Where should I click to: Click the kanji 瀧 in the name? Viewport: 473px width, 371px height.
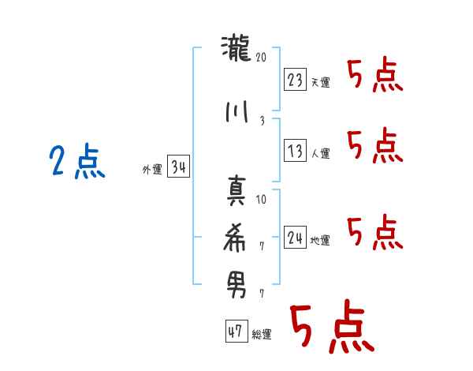point(236,48)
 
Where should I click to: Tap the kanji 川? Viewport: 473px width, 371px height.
point(236,112)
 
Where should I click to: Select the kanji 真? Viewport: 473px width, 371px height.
point(236,191)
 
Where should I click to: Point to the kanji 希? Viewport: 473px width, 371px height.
point(234,238)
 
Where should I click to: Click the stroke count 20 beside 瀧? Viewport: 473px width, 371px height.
point(261,57)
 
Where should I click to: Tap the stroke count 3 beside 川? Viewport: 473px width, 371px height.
point(263,121)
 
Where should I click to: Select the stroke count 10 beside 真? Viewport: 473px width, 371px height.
point(261,200)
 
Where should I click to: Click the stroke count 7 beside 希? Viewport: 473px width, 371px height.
point(262,246)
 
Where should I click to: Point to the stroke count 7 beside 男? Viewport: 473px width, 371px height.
point(262,294)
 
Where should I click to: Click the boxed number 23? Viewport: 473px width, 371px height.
point(295,80)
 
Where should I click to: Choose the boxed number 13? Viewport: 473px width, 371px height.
point(295,150)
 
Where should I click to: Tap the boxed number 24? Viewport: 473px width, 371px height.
point(295,237)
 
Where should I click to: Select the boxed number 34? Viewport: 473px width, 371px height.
point(178,167)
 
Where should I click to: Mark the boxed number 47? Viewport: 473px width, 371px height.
point(236,331)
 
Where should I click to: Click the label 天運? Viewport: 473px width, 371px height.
point(321,82)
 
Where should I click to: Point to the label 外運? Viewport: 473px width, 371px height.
point(152,170)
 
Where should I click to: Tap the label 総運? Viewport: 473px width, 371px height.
point(262,335)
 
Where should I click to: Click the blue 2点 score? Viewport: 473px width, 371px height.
point(77,161)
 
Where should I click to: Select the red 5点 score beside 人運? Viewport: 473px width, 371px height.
point(375,145)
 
